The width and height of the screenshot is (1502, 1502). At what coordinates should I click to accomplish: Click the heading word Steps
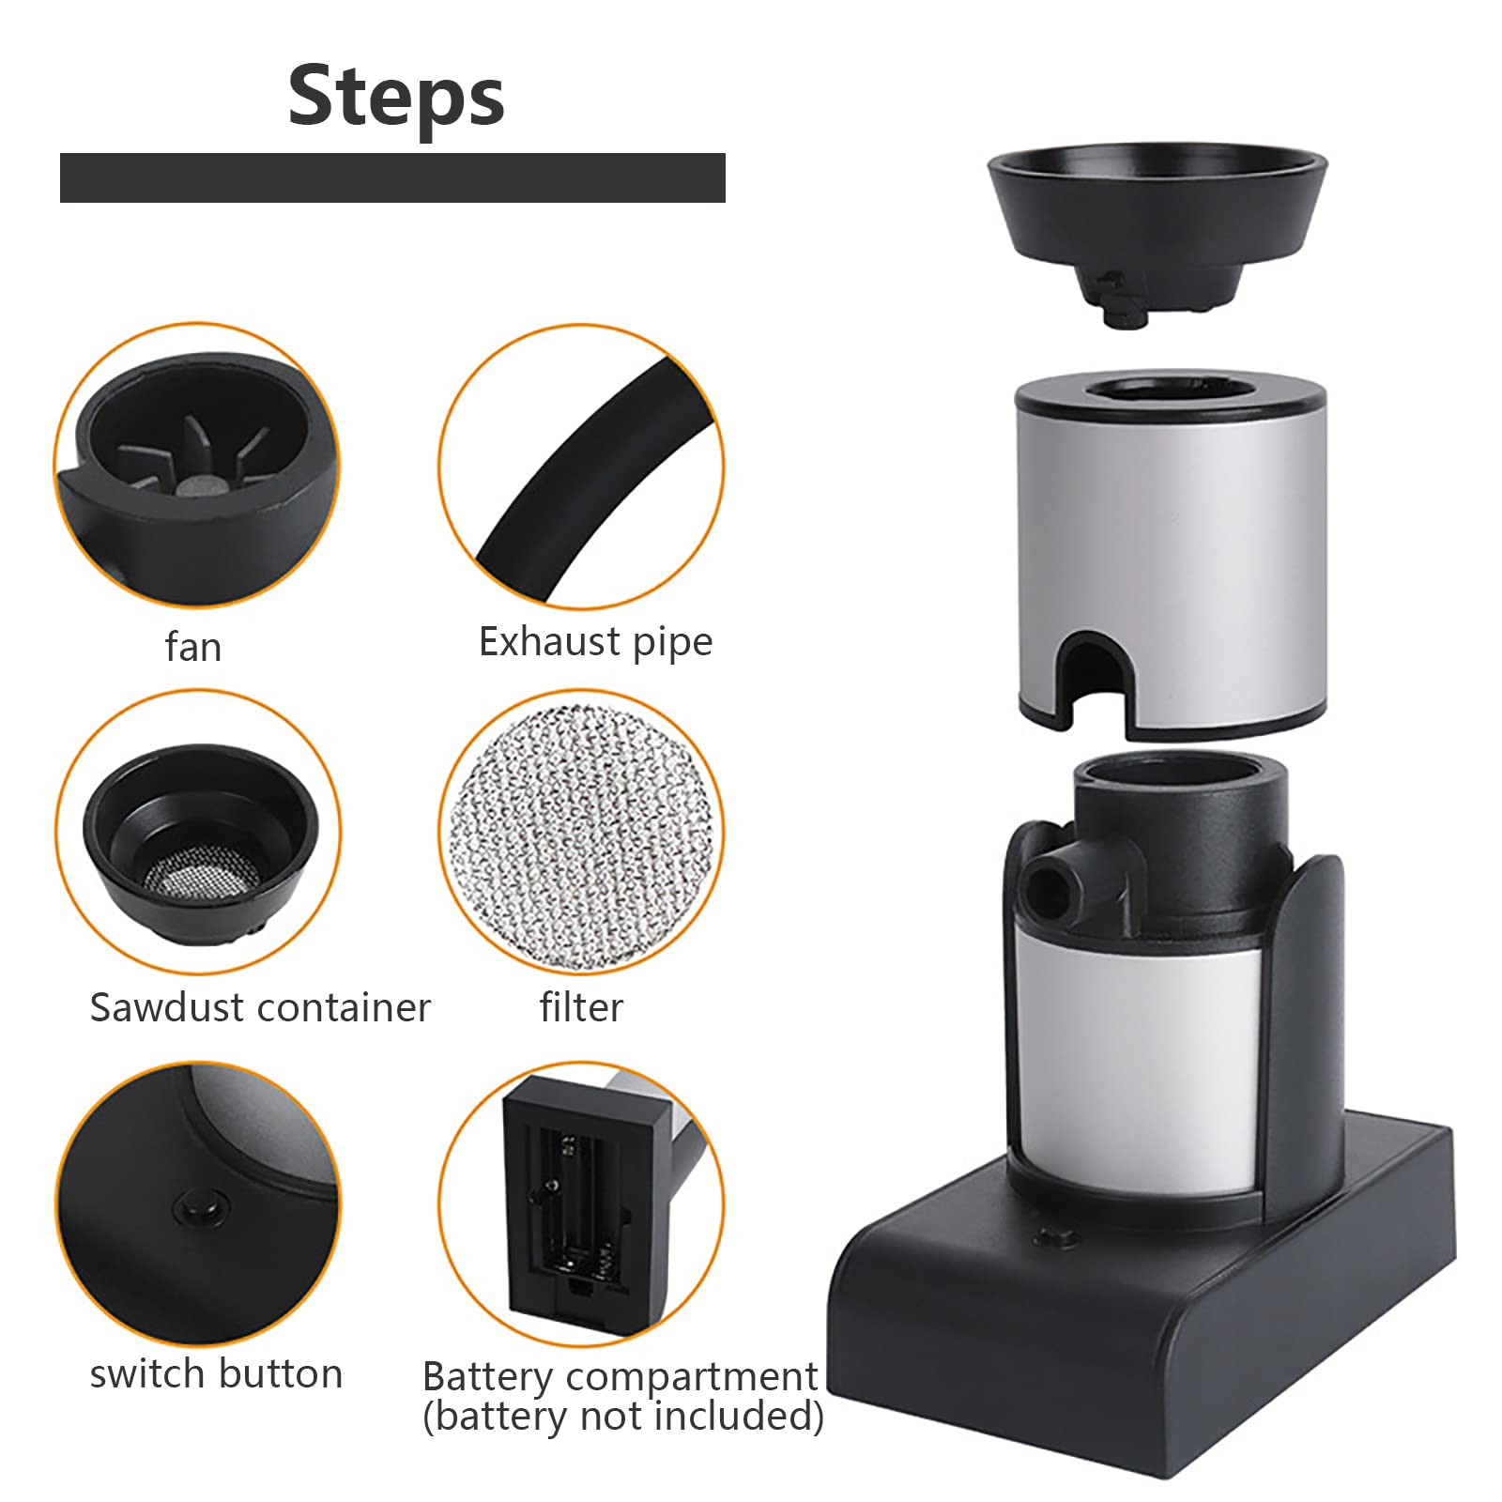[x=396, y=96]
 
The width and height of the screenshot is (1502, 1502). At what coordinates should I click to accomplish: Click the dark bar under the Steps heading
[x=392, y=177]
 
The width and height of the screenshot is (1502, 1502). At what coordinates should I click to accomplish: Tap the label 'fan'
[x=193, y=647]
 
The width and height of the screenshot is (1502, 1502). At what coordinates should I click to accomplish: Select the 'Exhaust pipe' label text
[x=596, y=642]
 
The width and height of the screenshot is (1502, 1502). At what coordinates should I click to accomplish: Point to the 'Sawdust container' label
[x=260, y=1007]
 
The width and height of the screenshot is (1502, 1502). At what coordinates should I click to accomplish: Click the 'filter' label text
[x=581, y=1007]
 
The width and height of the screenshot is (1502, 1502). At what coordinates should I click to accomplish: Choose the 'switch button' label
[x=217, y=1373]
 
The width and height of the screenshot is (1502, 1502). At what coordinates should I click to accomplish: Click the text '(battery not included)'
[x=623, y=1417]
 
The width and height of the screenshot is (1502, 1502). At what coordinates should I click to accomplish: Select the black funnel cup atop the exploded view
[x=1157, y=230]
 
